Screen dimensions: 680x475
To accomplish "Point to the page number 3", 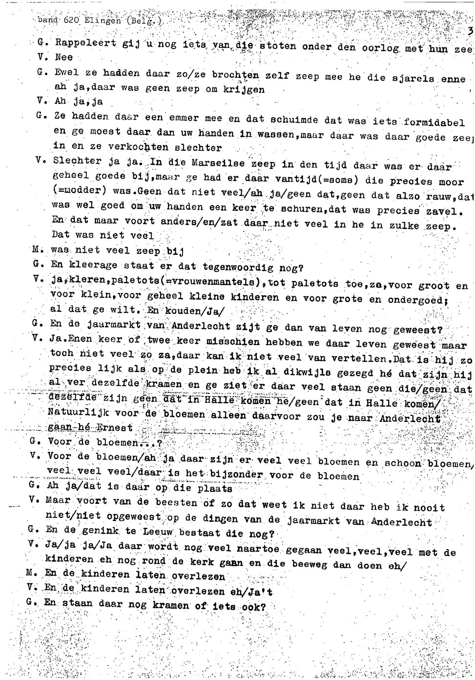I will (470, 32).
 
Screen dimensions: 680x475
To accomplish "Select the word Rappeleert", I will (79, 43).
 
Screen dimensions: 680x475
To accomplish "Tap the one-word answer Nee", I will (64, 57).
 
